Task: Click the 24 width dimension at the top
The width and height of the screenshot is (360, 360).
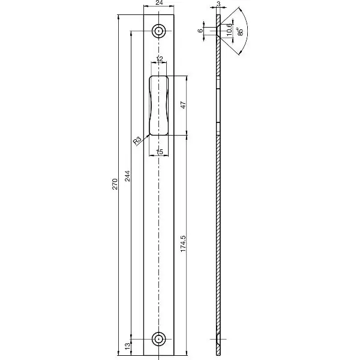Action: tap(159, 4)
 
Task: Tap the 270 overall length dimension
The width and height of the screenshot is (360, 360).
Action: tap(115, 184)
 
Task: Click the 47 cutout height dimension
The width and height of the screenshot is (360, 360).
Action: tap(183, 105)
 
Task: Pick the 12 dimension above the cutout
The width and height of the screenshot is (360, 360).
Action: tap(159, 59)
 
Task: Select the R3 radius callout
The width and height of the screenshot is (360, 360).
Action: tap(137, 141)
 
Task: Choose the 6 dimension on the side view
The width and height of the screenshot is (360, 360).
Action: tap(200, 31)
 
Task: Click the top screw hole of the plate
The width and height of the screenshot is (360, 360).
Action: tap(159, 31)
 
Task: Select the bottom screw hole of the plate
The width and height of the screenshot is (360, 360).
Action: tap(159, 338)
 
